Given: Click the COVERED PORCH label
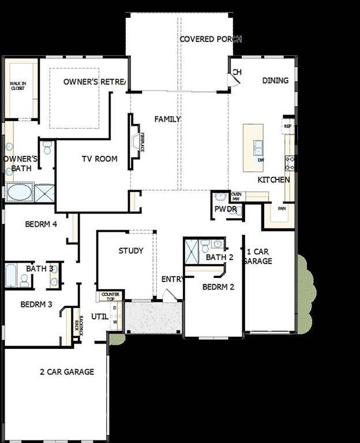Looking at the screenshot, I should (x=210, y=39).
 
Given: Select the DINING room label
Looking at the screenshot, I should (x=275, y=81).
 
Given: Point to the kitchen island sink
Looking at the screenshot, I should (x=258, y=145).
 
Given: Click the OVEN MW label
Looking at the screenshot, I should (x=236, y=196).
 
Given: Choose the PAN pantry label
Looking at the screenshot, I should (x=282, y=208).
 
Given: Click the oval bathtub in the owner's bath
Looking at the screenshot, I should (x=20, y=192).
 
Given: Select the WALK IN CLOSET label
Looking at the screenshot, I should (x=18, y=86).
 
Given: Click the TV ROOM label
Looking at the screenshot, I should (x=99, y=159).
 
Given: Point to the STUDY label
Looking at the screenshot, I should (x=131, y=250).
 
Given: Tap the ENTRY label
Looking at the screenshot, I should (x=172, y=279).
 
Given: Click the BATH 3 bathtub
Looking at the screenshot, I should (x=11, y=276).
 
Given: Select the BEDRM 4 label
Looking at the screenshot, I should (x=40, y=224).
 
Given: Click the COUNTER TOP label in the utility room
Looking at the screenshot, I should (x=110, y=296).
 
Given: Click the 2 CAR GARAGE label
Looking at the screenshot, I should (x=67, y=372).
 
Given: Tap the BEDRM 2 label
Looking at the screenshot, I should (x=218, y=287).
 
